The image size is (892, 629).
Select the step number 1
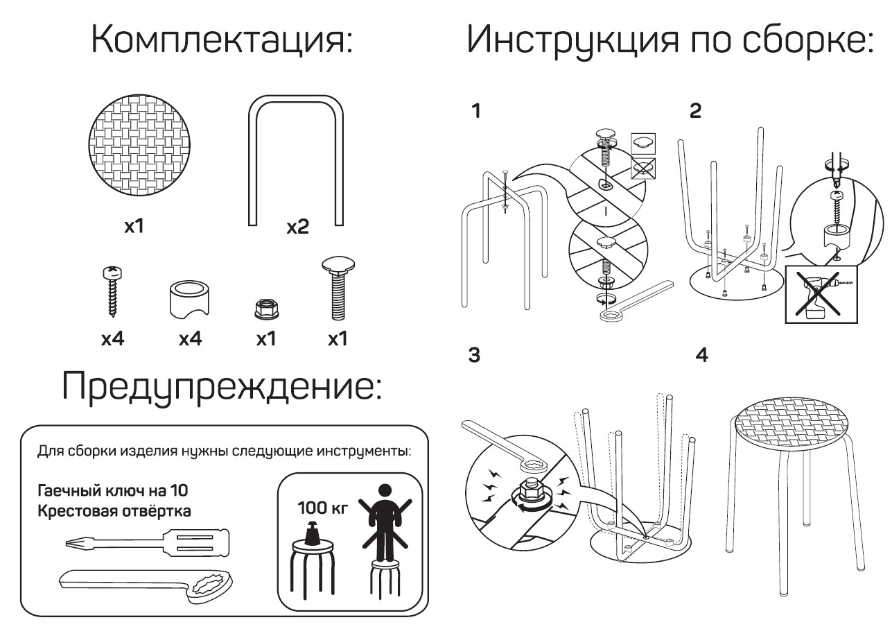pos(475,112)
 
